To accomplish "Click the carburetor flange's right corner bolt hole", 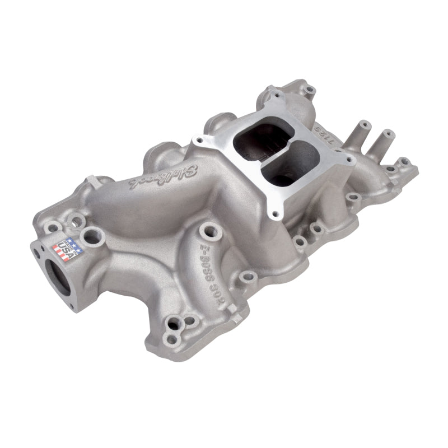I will click(351, 159).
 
